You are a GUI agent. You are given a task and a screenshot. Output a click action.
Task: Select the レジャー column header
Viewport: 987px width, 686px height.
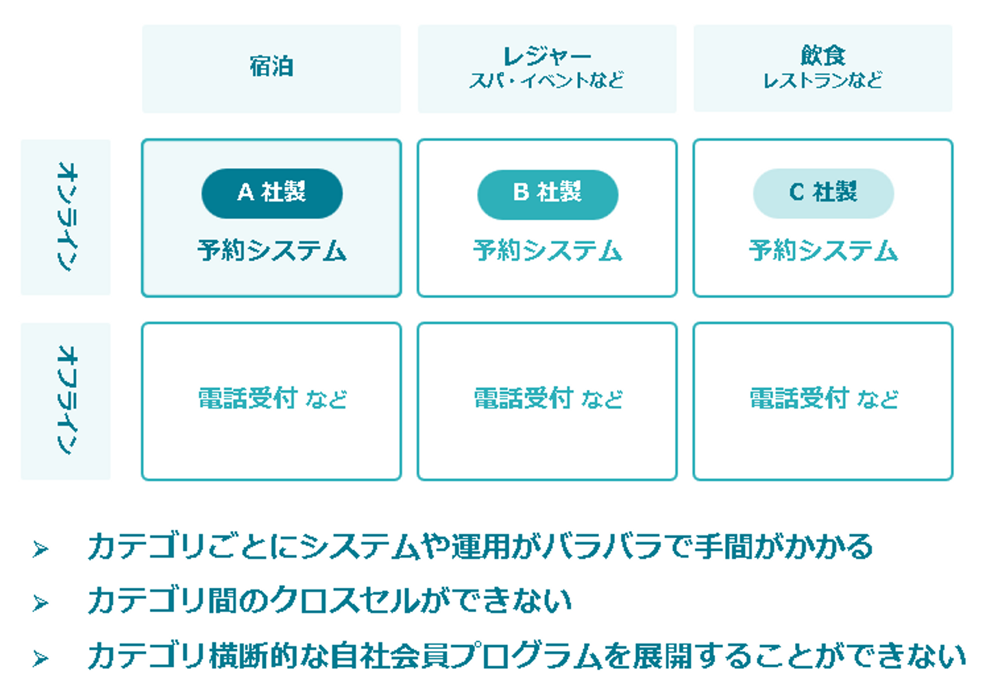[546, 55]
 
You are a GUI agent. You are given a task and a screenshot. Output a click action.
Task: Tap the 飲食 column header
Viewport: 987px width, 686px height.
[822, 54]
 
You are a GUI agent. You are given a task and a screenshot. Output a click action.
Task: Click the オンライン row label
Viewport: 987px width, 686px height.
[66, 217]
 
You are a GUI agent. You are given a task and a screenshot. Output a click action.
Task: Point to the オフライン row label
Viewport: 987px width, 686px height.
[66, 400]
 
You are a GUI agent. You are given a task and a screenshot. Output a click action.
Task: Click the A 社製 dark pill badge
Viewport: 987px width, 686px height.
[271, 193]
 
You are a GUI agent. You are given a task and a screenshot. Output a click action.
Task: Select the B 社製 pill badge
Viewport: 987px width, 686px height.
[547, 194]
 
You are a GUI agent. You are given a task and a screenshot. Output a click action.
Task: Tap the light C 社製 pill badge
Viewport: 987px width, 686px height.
[822, 193]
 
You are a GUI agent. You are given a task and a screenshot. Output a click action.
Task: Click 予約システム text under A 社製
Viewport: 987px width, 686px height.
[271, 250]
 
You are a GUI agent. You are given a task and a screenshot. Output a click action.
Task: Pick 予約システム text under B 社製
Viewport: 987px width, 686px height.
[547, 250]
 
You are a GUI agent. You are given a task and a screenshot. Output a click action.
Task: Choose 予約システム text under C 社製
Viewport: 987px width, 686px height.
[822, 250]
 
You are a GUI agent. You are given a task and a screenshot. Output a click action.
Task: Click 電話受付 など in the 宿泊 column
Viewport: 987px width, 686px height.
[271, 398]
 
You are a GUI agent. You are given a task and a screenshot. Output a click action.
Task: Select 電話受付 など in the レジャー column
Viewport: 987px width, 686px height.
[547, 398]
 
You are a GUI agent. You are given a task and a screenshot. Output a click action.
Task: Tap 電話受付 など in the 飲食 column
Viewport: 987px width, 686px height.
[822, 398]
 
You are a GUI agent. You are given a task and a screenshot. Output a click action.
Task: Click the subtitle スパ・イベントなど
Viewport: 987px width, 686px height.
[546, 81]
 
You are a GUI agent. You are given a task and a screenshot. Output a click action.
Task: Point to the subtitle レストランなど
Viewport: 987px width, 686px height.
[822, 81]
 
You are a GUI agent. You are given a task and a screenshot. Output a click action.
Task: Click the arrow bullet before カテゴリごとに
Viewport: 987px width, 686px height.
[40, 549]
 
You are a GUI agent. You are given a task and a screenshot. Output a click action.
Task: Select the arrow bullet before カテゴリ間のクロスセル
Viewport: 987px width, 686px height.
[40, 603]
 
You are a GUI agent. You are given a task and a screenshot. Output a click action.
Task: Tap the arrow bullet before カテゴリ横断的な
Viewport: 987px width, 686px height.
[40, 659]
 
